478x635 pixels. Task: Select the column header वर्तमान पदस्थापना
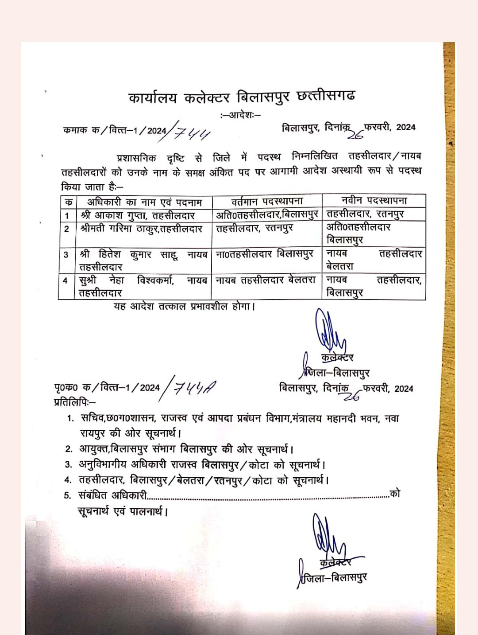point(267,201)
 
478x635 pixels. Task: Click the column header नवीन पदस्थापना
point(374,201)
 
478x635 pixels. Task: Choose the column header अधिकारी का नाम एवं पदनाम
point(144,202)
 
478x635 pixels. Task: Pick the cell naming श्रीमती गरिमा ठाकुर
point(142,229)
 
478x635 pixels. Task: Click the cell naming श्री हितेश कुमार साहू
point(143,261)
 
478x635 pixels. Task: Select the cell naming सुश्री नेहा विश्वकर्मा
point(143,286)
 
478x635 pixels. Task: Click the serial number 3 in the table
point(66,255)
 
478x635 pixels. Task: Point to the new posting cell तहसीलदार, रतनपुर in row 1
point(365,214)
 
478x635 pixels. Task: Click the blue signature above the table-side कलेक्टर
point(328,332)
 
